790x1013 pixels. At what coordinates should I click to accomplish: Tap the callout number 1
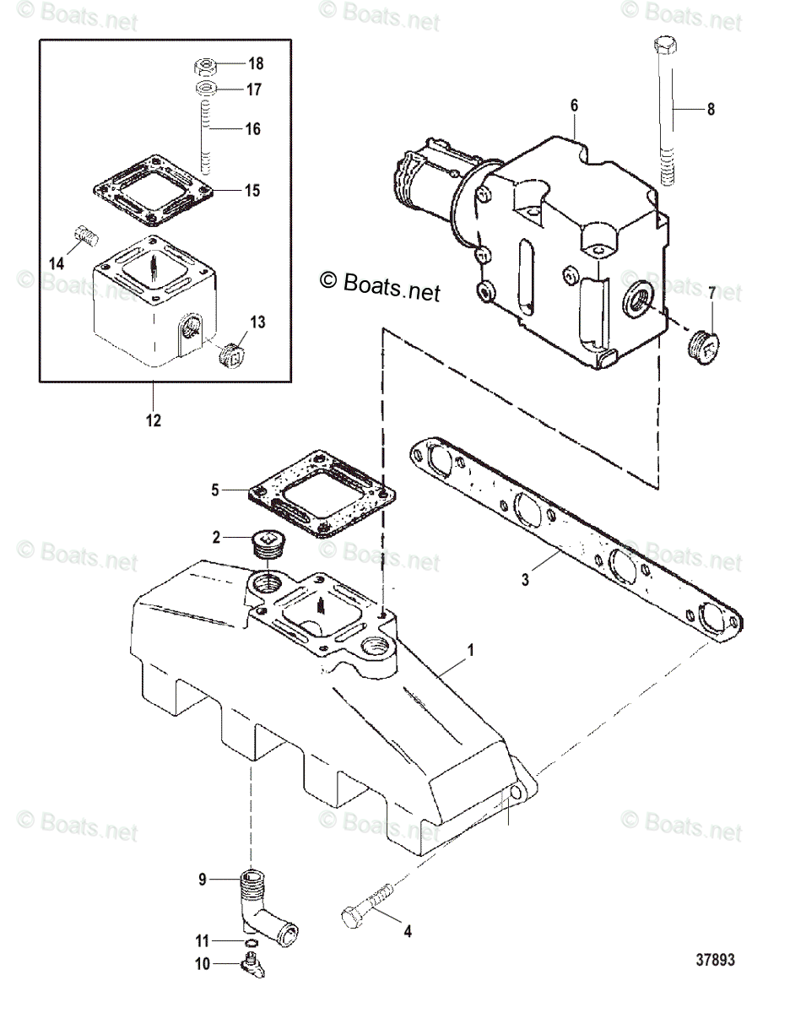(471, 650)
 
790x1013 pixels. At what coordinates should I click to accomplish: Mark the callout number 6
(574, 106)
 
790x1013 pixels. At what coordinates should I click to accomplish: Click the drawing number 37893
(716, 960)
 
